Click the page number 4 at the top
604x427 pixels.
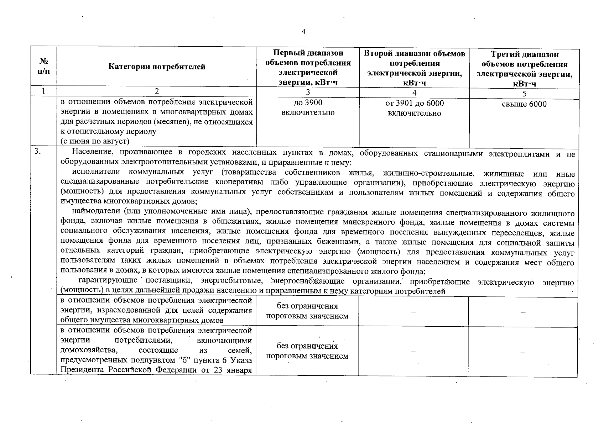pyautogui.click(x=303, y=32)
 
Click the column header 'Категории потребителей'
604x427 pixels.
pyautogui.click(x=157, y=67)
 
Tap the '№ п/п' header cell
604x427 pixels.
pyautogui.click(x=43, y=66)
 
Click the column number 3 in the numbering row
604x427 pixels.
pyautogui.click(x=308, y=92)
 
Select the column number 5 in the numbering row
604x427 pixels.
pyautogui.click(x=524, y=93)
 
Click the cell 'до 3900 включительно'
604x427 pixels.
pyautogui.click(x=308, y=107)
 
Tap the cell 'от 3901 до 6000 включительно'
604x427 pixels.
pyautogui.click(x=414, y=108)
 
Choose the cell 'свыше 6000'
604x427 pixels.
pyautogui.click(x=524, y=104)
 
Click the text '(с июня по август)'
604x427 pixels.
pyautogui.click(x=95, y=141)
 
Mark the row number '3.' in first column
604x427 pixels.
pyautogui.click(x=38, y=152)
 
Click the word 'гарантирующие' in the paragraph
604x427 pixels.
pyautogui.click(x=108, y=281)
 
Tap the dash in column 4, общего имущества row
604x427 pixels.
pyautogui.click(x=413, y=312)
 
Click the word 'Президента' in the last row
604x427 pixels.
pyautogui.click(x=78, y=370)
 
